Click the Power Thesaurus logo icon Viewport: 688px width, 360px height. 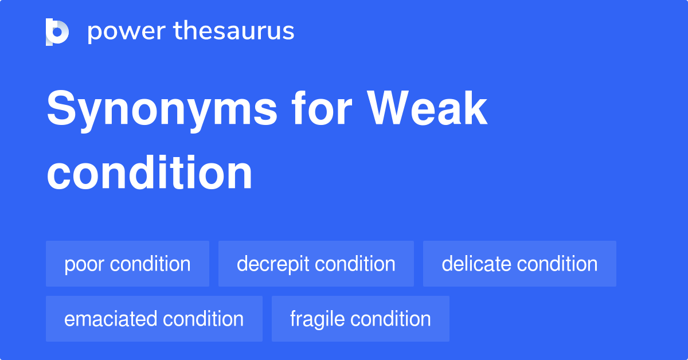point(57,32)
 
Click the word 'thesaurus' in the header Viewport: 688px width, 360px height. point(234,32)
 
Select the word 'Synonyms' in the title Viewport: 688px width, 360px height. point(162,110)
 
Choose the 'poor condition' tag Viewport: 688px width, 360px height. point(127,264)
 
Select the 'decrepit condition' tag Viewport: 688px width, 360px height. point(316,264)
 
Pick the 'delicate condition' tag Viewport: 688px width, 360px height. point(519,264)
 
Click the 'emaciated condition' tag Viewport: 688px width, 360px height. point(154,319)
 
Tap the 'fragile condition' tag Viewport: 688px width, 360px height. point(360,319)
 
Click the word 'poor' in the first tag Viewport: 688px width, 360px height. point(85,264)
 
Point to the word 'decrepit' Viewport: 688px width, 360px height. point(273,264)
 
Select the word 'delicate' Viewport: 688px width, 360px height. point(476,264)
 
